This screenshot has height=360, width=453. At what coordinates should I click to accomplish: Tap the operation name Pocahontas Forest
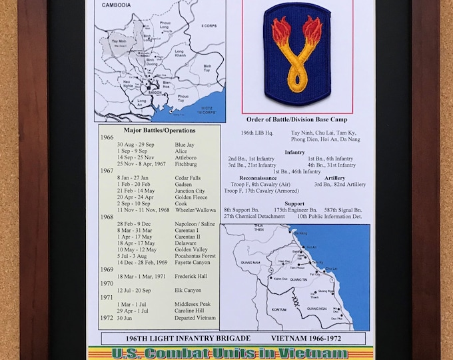point(197,256)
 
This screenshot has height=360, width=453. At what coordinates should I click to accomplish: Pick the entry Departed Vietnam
point(195,317)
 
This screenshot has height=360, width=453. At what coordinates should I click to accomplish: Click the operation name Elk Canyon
point(188,290)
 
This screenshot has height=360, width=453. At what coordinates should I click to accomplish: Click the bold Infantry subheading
point(294,151)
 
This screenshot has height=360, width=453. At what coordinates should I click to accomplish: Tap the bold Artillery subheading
point(334,178)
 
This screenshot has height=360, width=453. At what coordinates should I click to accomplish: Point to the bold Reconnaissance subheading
point(261,178)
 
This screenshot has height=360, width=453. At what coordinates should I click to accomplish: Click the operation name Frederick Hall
point(193,276)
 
